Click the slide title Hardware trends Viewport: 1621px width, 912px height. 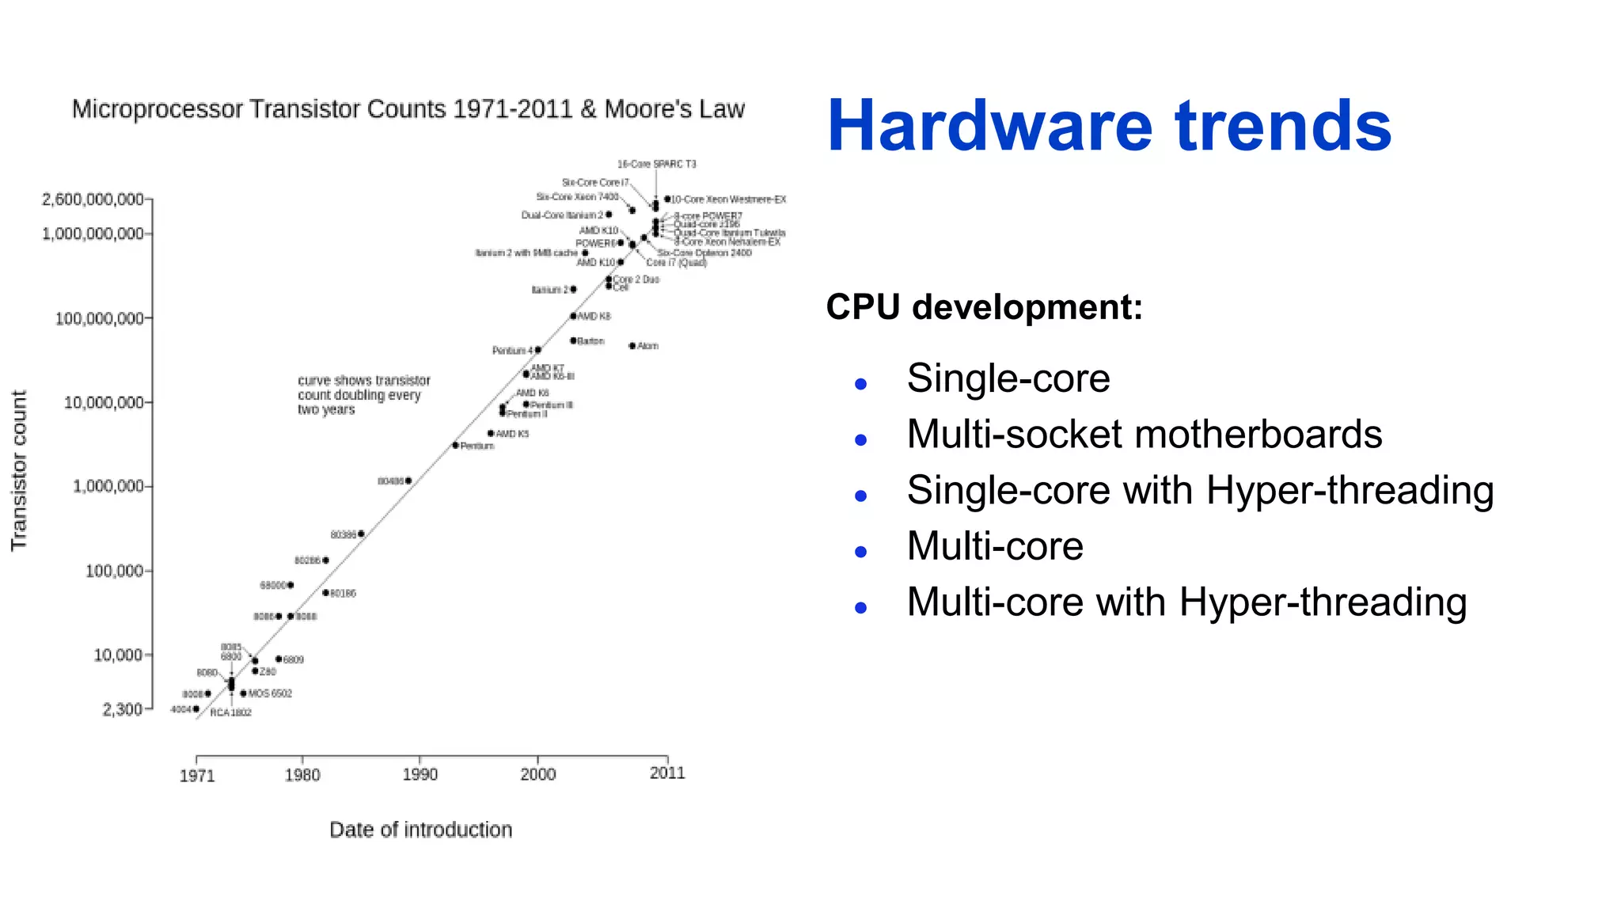click(x=1108, y=127)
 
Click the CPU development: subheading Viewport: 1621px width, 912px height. click(x=984, y=307)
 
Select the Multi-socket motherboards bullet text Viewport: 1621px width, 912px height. click(x=1144, y=435)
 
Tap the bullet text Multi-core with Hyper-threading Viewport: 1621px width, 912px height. click(x=1186, y=602)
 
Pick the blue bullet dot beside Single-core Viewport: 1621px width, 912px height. click(x=861, y=385)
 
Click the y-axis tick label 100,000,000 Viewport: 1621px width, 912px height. click(x=99, y=318)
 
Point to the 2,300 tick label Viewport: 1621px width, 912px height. click(x=122, y=709)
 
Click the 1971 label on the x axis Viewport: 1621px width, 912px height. click(x=197, y=776)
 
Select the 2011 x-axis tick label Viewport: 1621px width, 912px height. click(x=667, y=773)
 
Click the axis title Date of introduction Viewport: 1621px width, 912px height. click(x=420, y=830)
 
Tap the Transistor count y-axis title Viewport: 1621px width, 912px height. click(x=19, y=470)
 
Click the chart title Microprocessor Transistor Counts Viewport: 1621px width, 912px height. click(x=408, y=109)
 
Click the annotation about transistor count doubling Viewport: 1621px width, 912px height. click(x=363, y=395)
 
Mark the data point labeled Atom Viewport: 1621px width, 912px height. click(x=632, y=346)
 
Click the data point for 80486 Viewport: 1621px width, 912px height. click(x=408, y=481)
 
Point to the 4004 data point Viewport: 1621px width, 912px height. click(x=196, y=709)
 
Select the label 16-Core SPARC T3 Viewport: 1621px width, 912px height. click(x=656, y=165)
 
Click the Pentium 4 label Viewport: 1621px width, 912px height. click(x=511, y=351)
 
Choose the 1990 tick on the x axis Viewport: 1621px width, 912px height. click(x=419, y=774)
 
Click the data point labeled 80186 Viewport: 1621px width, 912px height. click(x=325, y=593)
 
